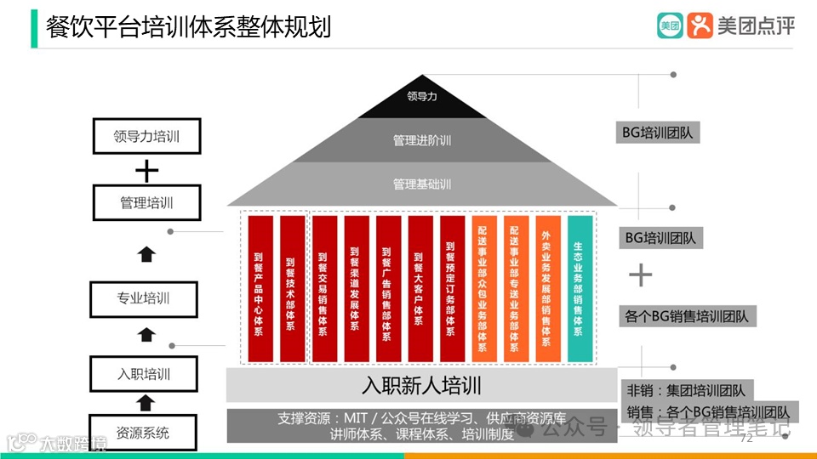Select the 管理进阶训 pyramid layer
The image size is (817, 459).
click(x=422, y=139)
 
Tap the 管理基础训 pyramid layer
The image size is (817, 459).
click(x=422, y=184)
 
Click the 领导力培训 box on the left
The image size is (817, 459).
click(x=146, y=136)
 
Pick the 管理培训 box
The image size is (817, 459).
click(x=146, y=203)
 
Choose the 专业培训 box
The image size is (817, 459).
click(x=144, y=298)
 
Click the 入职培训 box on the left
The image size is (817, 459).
click(x=144, y=373)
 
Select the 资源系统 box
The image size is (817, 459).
click(x=144, y=432)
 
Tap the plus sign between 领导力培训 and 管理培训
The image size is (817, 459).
click(x=147, y=171)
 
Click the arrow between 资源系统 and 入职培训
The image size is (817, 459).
click(x=146, y=402)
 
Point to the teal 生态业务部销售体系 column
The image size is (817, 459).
click(x=580, y=288)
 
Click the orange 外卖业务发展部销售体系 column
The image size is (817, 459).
click(x=548, y=288)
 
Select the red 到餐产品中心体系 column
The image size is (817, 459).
click(x=260, y=288)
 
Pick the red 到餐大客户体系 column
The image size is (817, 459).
click(x=420, y=288)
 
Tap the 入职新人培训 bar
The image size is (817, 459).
click(x=421, y=385)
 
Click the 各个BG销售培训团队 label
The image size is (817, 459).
click(x=687, y=316)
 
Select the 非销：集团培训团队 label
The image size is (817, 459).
click(x=686, y=391)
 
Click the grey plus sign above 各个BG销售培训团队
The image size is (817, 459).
click(x=640, y=275)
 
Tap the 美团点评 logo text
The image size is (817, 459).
click(x=756, y=26)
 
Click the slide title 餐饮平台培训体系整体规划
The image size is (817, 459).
click(x=188, y=26)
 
